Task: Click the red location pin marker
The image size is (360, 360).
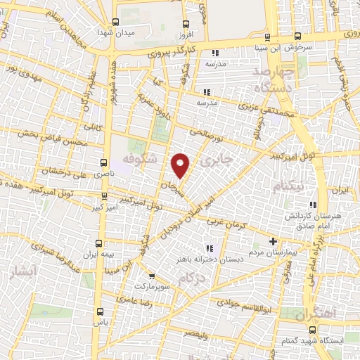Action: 181,165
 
